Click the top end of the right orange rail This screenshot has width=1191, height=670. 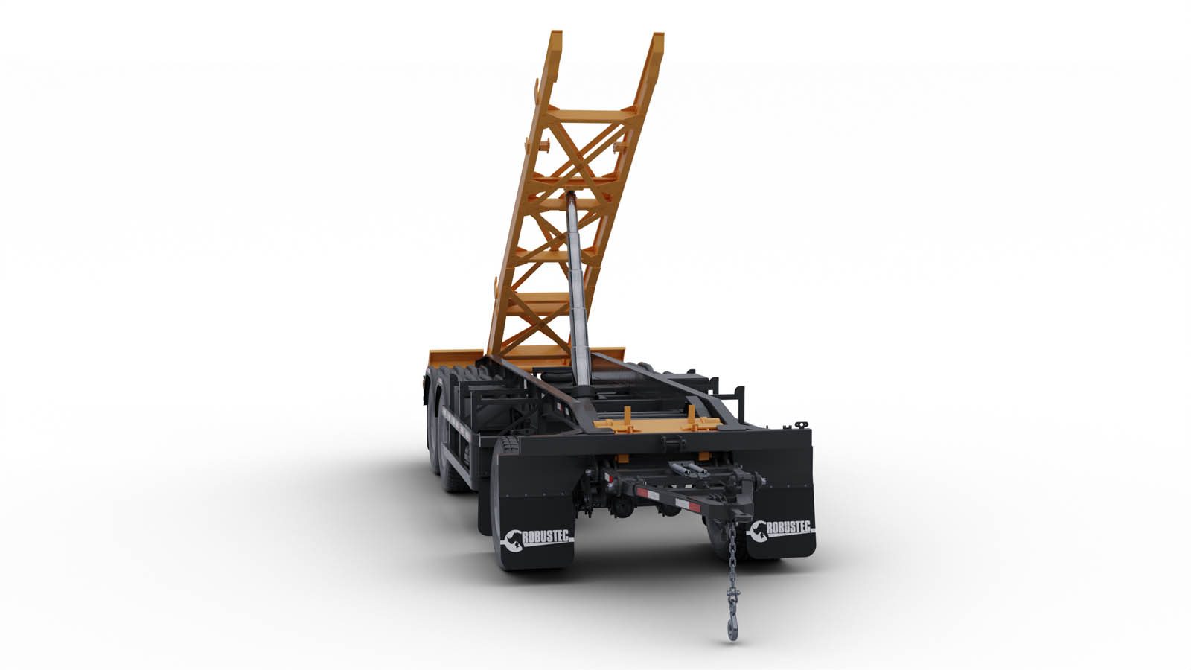[658, 36]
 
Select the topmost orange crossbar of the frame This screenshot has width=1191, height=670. [592, 115]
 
